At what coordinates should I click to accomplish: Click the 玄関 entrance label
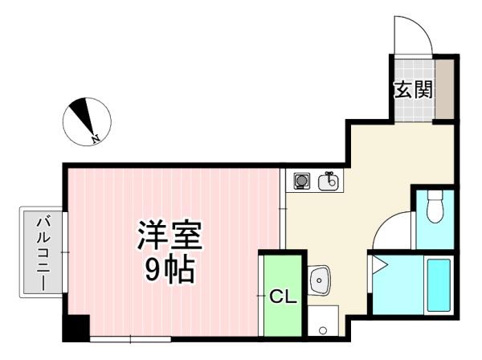point(414,89)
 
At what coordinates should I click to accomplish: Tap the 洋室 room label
point(170,235)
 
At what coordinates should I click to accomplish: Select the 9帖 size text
point(170,270)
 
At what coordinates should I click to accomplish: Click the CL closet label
point(283,297)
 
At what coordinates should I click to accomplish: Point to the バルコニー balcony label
point(42,254)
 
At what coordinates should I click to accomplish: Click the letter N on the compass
point(96,139)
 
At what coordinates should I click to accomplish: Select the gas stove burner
point(301,181)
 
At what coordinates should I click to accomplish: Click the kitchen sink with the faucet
point(328,182)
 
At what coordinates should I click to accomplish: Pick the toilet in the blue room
point(435,206)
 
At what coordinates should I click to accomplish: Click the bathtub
point(439,285)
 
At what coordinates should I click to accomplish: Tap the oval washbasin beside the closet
point(319,280)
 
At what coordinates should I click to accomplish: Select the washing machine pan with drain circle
point(323,321)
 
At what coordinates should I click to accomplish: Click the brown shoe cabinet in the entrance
point(444,88)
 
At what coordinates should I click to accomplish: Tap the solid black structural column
point(76,329)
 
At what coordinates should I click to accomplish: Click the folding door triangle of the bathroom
point(379,265)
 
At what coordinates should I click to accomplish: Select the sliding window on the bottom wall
point(130,339)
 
